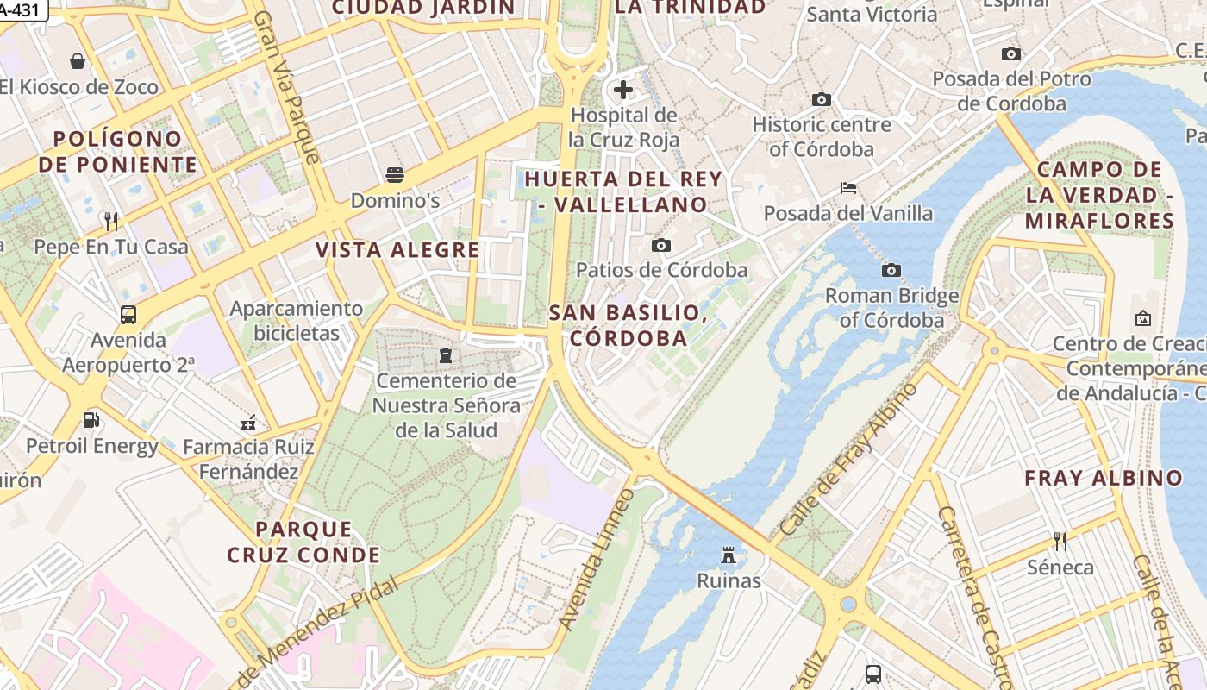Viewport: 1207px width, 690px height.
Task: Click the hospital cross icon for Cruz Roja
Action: pyautogui.click(x=622, y=89)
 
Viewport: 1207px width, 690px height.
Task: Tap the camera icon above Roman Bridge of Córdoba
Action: pyautogui.click(x=891, y=271)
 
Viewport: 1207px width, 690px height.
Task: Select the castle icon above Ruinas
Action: pyautogui.click(x=729, y=555)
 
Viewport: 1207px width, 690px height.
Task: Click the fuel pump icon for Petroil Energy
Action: pyautogui.click(x=91, y=420)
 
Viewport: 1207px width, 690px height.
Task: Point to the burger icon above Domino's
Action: pyautogui.click(x=395, y=175)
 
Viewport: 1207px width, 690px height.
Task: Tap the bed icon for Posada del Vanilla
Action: pyautogui.click(x=848, y=188)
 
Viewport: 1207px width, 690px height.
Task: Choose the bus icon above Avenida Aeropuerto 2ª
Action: pyautogui.click(x=128, y=314)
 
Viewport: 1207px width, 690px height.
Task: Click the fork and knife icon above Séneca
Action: pyautogui.click(x=1060, y=542)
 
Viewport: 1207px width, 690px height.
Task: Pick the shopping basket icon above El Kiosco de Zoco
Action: pyautogui.click(x=78, y=61)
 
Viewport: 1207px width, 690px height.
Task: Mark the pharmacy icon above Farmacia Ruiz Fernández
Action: pyautogui.click(x=248, y=423)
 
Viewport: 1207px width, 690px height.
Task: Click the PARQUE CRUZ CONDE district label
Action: pyautogui.click(x=303, y=542)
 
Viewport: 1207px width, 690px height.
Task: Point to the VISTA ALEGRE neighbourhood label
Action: pyautogui.click(x=397, y=250)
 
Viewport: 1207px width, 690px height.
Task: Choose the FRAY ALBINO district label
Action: pyautogui.click(x=1104, y=478)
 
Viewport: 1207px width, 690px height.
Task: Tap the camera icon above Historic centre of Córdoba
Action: pyautogui.click(x=821, y=100)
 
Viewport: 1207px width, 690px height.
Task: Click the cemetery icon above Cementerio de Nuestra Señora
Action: pyautogui.click(x=446, y=354)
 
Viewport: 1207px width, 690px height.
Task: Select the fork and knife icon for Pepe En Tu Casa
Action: pyautogui.click(x=110, y=222)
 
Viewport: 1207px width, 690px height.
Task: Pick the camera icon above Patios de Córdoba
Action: pyautogui.click(x=661, y=246)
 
